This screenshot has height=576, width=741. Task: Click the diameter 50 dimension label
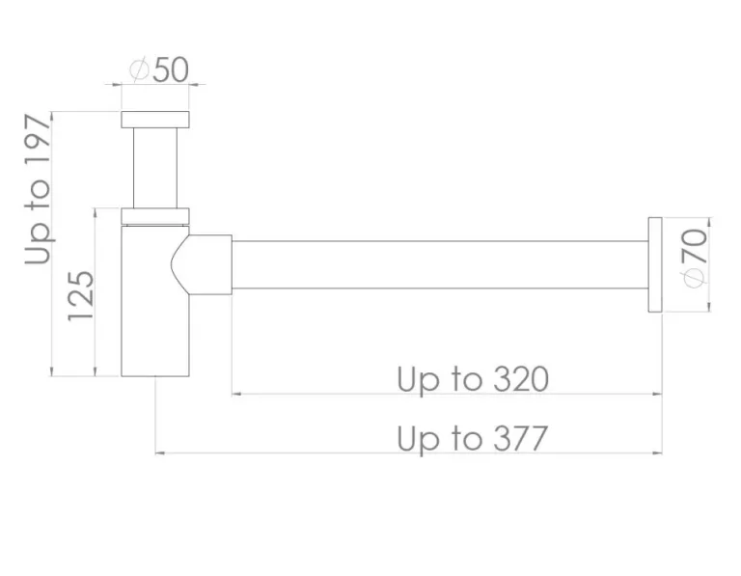pos(158,70)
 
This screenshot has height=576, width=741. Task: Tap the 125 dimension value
pos(81,296)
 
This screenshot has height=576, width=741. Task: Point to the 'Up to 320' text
pos(473,379)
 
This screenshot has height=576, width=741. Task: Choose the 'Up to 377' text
pos(473,439)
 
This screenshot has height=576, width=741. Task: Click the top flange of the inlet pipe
pos(155,120)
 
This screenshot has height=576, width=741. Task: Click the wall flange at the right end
pos(655,264)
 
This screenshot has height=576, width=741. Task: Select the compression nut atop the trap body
pos(155,215)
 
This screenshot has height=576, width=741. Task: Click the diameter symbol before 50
pos(138,70)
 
